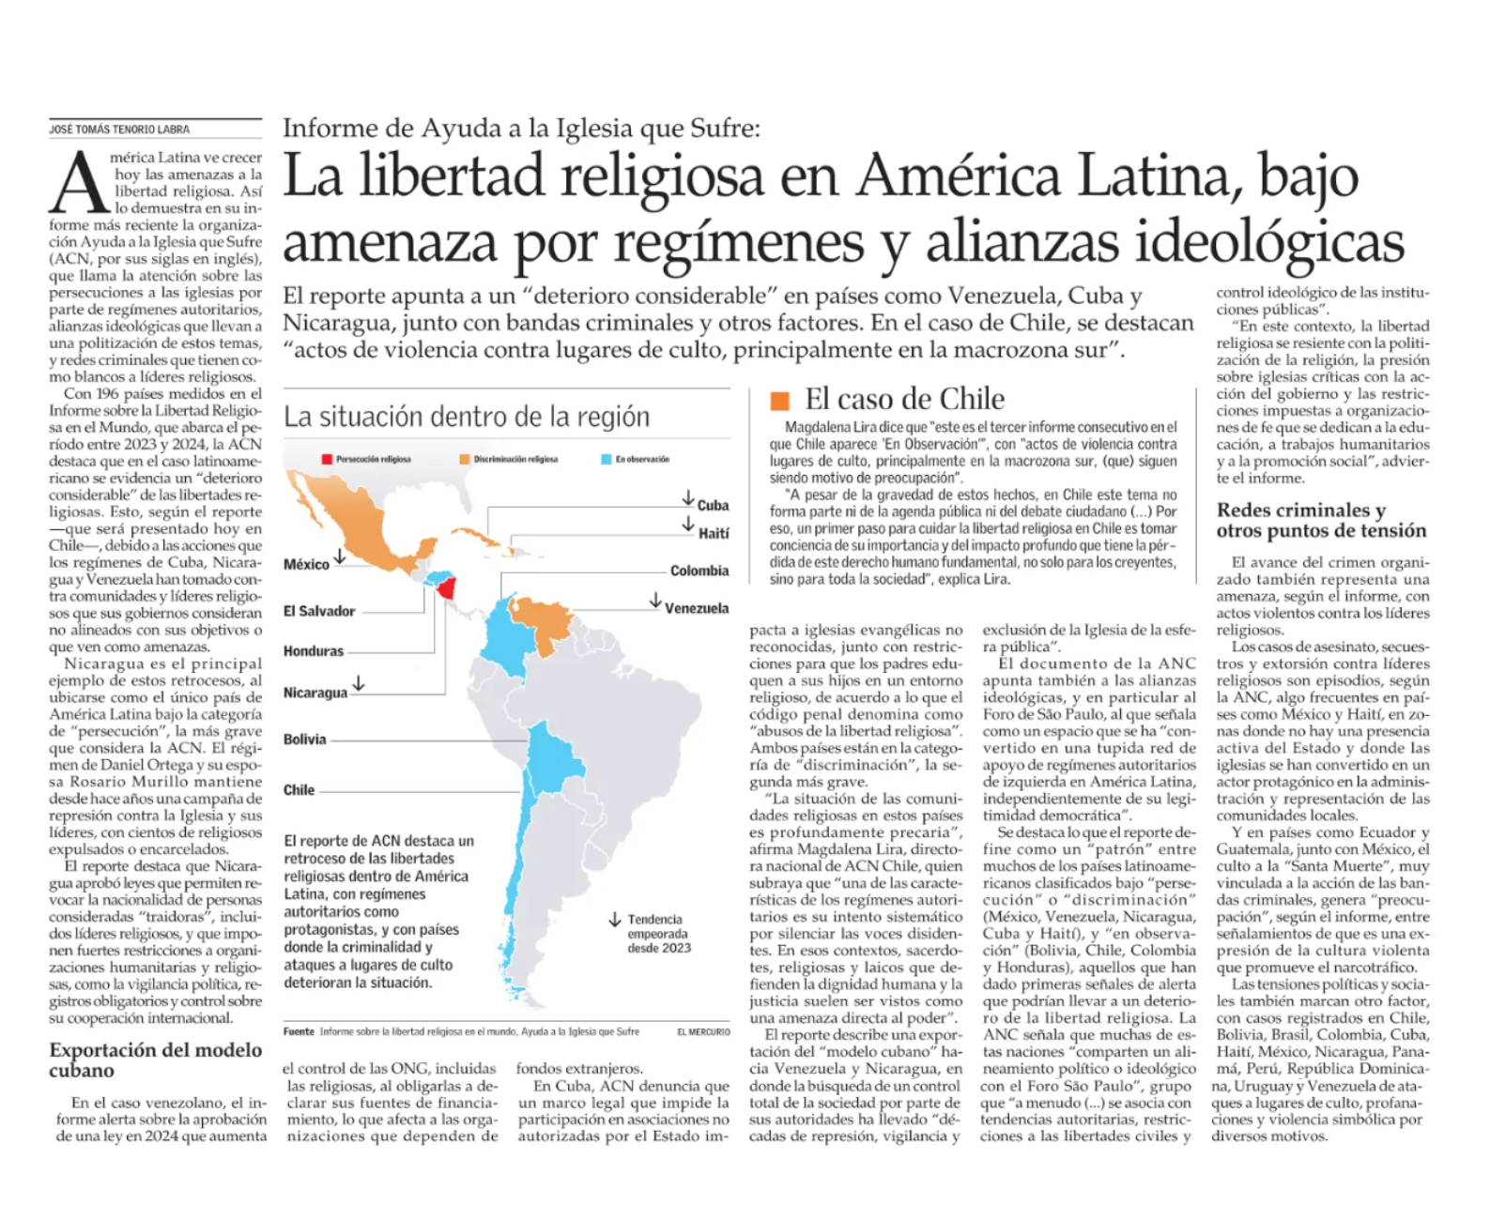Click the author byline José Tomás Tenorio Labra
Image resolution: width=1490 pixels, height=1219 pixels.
[118, 130]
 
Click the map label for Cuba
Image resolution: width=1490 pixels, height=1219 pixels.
[713, 505]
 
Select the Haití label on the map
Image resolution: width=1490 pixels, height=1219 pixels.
[713, 533]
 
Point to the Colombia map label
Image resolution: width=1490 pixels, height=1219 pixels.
[699, 571]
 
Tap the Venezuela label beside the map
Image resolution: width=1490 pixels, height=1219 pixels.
[697, 608]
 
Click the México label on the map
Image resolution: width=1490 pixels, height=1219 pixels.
[306, 564]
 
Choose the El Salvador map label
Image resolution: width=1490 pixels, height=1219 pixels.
[319, 611]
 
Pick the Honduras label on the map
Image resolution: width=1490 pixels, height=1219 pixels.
[314, 650]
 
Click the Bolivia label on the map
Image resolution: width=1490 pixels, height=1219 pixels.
[305, 739]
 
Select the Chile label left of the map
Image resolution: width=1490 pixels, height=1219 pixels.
[299, 790]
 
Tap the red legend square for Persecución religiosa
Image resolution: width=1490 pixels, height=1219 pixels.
[327, 459]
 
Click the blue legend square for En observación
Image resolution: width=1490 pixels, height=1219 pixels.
[607, 459]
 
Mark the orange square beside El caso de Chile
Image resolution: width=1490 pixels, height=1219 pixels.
[779, 401]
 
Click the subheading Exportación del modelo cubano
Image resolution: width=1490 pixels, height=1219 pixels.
[155, 1059]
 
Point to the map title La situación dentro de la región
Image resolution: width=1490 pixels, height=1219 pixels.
[467, 417]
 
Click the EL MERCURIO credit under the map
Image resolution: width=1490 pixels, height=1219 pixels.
[703, 1031]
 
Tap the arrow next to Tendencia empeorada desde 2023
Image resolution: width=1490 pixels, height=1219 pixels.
[615, 920]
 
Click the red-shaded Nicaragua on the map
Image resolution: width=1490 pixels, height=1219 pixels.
[449, 588]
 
